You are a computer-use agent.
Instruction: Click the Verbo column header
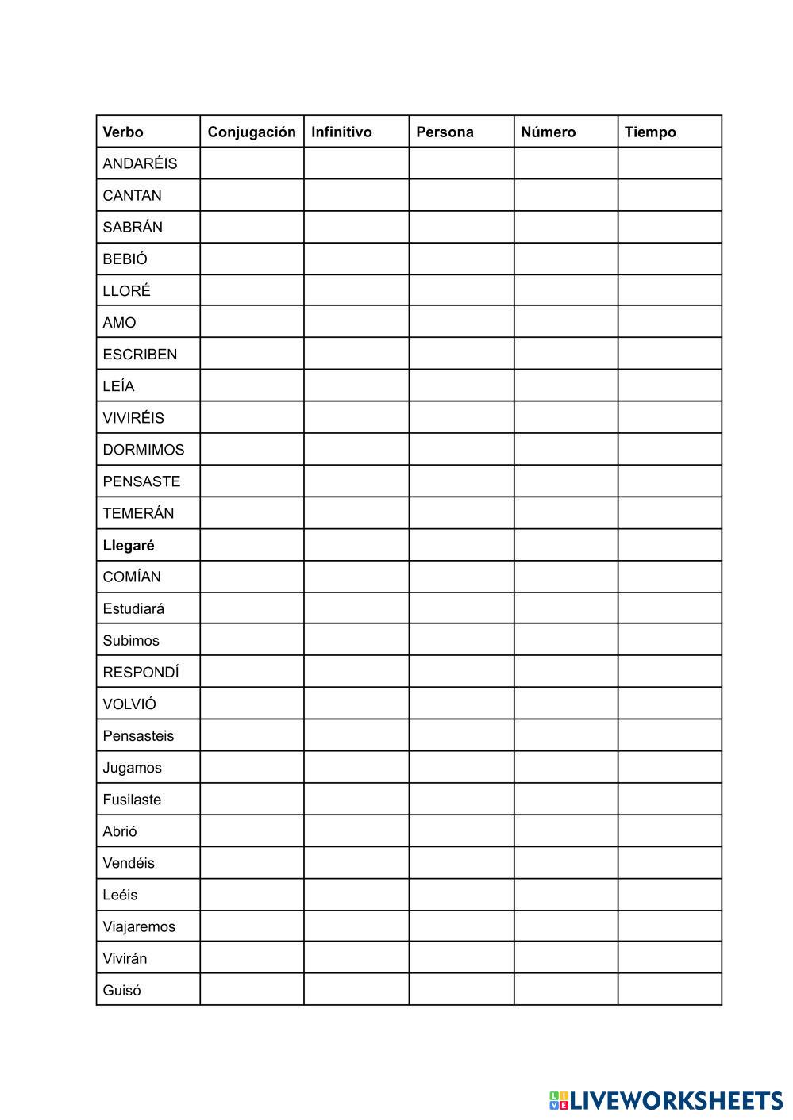[x=123, y=132]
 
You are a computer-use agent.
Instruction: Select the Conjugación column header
[x=251, y=132]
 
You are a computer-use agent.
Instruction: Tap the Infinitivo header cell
[x=341, y=132]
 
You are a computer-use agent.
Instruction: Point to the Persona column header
[x=445, y=132]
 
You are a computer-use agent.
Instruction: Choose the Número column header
[x=548, y=132]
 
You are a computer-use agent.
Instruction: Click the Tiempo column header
[x=650, y=132]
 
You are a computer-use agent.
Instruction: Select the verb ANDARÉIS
[x=140, y=163]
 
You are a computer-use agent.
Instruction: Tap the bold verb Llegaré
[x=129, y=545]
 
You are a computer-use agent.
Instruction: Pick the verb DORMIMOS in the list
[x=143, y=450]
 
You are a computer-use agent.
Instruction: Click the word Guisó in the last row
[x=121, y=990]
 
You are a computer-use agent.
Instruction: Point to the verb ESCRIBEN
[x=140, y=355]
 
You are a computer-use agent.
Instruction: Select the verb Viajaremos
[x=139, y=926]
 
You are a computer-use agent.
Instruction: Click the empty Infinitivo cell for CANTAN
[x=356, y=195]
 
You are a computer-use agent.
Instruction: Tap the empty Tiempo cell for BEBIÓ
[x=669, y=259]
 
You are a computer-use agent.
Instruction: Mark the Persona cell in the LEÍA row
[x=461, y=385]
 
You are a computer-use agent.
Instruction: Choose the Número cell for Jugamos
[x=565, y=767]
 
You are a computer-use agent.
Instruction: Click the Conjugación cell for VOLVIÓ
[x=252, y=704]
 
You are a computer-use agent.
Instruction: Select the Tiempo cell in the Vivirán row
[x=669, y=958]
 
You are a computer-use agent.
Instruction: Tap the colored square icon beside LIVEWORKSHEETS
[x=559, y=1100]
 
